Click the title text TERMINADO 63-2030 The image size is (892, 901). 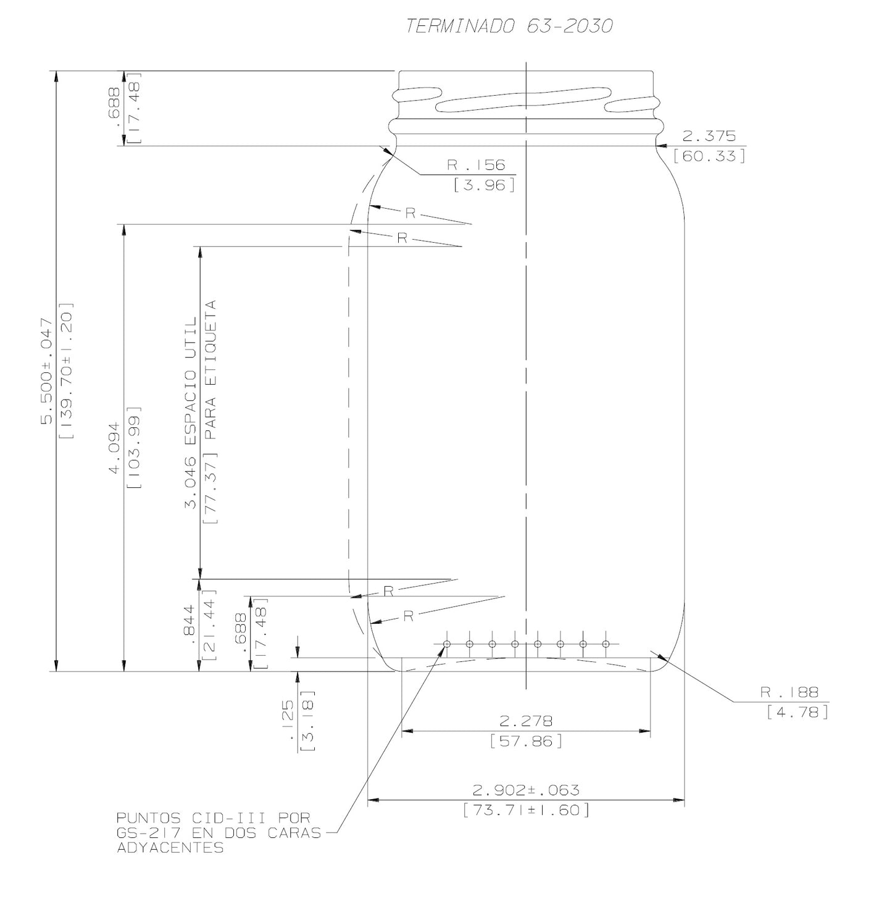tap(509, 26)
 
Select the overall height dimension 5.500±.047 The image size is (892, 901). tap(47, 371)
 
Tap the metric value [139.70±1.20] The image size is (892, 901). tap(67, 371)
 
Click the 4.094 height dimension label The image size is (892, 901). tap(114, 449)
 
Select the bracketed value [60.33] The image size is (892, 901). tap(709, 156)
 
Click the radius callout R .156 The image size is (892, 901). tap(476, 165)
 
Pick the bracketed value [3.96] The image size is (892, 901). tap(484, 185)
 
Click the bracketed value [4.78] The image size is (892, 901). tap(797, 712)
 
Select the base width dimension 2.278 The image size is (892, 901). tap(525, 721)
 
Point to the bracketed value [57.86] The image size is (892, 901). tap(526, 740)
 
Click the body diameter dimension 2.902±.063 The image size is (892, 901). tap(526, 790)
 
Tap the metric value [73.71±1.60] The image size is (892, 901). tap(526, 810)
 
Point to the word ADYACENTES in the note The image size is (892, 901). tap(170, 848)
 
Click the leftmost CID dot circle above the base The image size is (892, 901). tap(447, 645)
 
